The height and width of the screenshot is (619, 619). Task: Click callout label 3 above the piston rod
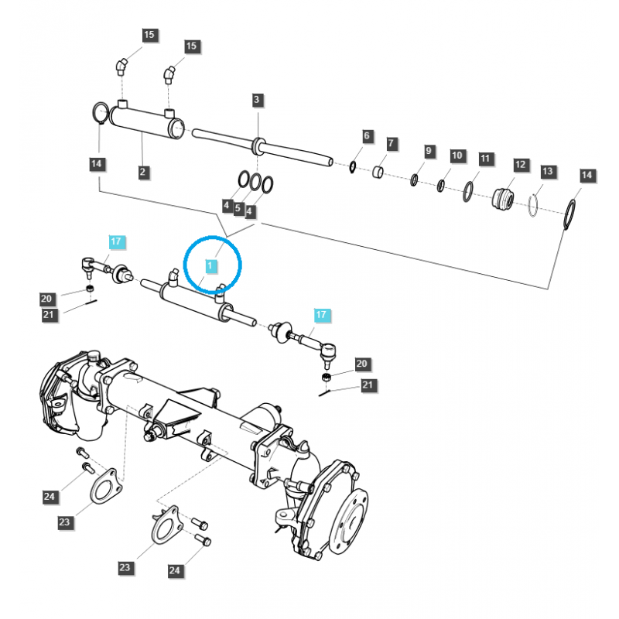point(258,100)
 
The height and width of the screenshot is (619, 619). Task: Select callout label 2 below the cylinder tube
point(143,172)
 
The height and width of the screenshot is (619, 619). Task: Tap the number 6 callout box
point(367,136)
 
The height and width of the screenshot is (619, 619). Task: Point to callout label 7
point(392,144)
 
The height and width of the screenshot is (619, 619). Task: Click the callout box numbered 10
point(457,156)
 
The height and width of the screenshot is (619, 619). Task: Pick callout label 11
point(485,159)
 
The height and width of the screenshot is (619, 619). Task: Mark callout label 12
point(520,164)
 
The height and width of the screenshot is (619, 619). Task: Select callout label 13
point(548,170)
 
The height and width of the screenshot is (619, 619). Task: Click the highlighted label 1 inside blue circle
point(209,265)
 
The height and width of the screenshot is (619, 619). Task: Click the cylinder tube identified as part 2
point(143,121)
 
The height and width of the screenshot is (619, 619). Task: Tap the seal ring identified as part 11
point(469,191)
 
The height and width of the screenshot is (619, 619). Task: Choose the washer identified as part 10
point(441,186)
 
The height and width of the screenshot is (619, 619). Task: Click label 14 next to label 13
point(587,176)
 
